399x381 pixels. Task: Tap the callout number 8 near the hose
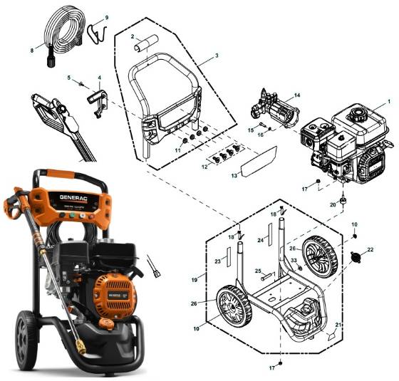click(31, 51)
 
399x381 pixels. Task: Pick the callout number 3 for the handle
click(216, 55)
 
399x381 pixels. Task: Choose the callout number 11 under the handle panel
click(178, 150)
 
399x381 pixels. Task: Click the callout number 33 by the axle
click(293, 261)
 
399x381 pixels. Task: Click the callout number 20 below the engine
click(332, 204)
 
